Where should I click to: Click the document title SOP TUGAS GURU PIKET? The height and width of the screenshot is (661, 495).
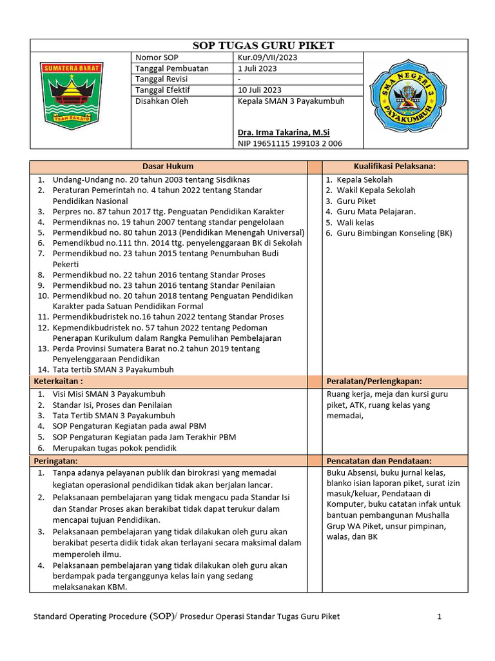264,45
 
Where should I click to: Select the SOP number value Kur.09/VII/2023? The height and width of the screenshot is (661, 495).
267,57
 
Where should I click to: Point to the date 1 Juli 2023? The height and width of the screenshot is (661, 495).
257,68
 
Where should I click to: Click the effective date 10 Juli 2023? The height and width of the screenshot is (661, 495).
259,90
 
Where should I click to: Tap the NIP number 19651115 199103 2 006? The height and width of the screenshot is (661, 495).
289,143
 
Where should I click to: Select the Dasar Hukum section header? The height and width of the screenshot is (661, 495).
168,167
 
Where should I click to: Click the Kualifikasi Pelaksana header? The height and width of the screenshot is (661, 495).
394,167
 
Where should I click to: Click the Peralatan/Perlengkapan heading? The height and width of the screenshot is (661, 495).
378,381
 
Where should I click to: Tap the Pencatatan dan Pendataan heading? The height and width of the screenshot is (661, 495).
379,461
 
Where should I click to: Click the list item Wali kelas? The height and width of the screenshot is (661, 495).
355,222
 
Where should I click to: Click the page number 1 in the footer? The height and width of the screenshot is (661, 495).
439,616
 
